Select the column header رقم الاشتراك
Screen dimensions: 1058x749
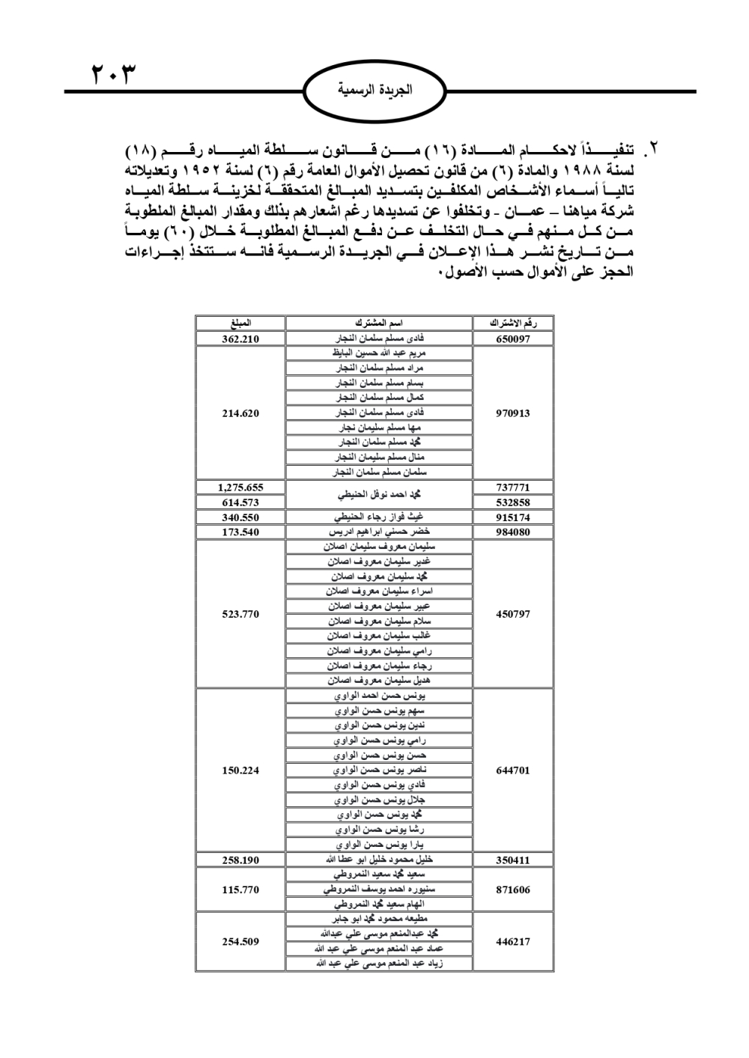(x=513, y=323)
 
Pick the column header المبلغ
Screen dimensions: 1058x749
(x=240, y=323)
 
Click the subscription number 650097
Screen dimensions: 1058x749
(x=513, y=338)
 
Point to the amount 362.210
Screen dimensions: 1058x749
(x=240, y=338)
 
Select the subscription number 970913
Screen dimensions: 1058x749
(x=513, y=413)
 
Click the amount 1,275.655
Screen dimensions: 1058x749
(x=240, y=487)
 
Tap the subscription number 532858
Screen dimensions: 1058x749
(x=513, y=502)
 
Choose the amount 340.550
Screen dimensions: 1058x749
(x=240, y=517)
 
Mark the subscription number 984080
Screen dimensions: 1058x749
(x=513, y=532)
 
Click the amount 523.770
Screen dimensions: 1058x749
(x=240, y=614)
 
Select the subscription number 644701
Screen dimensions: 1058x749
(x=513, y=770)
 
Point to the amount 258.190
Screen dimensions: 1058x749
(x=240, y=860)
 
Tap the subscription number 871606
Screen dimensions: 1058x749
(x=513, y=890)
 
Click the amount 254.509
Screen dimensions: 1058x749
(x=240, y=941)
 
